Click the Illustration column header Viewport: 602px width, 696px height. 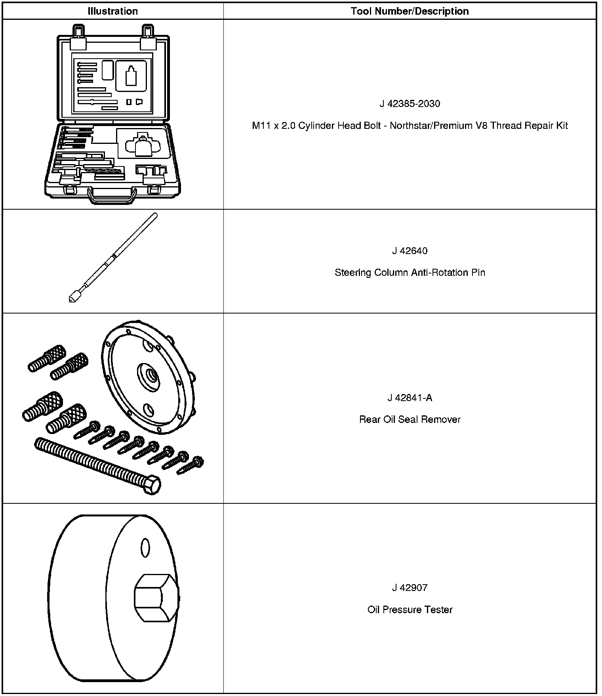click(112, 11)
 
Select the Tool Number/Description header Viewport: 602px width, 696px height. click(410, 11)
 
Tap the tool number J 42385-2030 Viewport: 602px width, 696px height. click(410, 104)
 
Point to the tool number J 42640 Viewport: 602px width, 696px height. click(410, 251)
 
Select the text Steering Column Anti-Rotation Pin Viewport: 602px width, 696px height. click(410, 273)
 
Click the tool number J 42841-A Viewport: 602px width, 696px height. click(410, 398)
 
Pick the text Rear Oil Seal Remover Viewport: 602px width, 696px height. click(410, 419)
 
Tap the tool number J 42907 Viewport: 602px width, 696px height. click(410, 587)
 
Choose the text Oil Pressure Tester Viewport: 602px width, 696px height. click(410, 610)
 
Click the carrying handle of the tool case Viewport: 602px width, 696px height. click(112, 197)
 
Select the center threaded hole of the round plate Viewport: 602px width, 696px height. click(151, 374)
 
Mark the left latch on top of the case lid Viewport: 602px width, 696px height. click(78, 36)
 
